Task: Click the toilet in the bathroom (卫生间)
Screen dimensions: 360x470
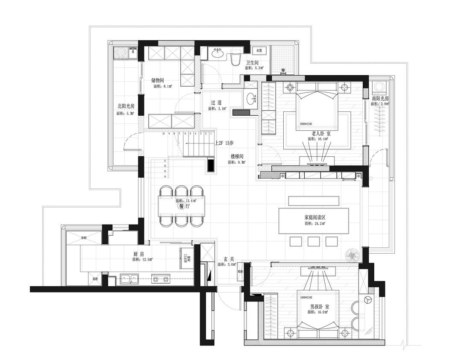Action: (x=235, y=59)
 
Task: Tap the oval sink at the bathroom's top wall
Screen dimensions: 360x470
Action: (x=217, y=53)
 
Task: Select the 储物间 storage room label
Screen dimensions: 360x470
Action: (x=158, y=80)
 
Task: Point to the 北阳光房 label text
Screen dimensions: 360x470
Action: (x=126, y=106)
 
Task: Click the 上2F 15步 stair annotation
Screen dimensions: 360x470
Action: (x=224, y=143)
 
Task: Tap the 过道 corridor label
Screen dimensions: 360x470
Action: (x=216, y=103)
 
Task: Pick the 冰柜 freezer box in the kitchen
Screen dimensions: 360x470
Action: (x=83, y=237)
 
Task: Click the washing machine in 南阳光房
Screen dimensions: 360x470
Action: (x=379, y=88)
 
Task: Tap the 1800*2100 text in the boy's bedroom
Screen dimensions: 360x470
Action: (x=306, y=297)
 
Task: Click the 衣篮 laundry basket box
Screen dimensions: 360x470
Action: (x=259, y=50)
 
